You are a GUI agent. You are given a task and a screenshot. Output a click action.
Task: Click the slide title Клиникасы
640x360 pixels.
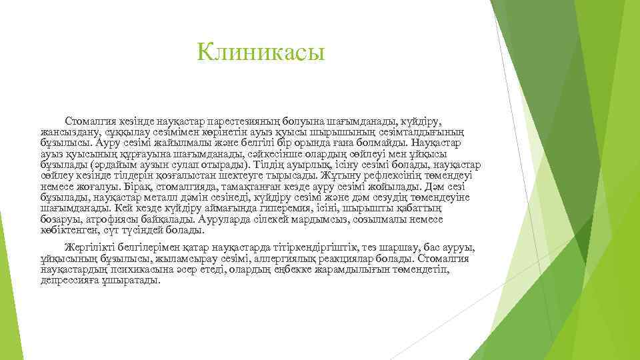coord(261,51)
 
